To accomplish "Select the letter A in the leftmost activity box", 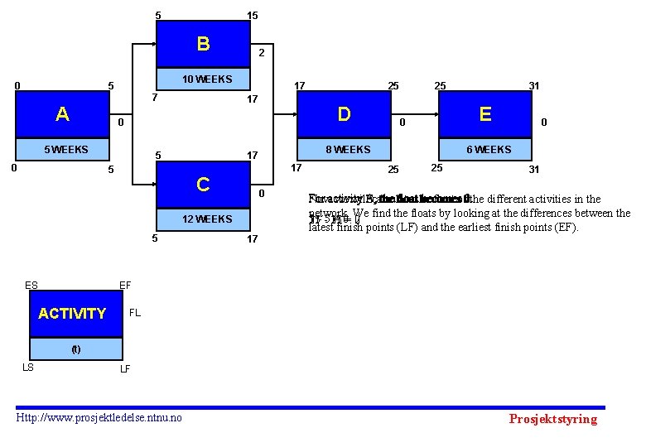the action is [62, 114].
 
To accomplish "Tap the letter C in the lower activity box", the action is [203, 184].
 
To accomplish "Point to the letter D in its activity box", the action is [344, 113].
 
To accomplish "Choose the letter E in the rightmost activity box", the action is [485, 113].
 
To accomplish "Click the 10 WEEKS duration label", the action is [207, 79].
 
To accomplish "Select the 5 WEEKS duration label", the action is [66, 150].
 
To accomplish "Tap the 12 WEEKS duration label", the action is [207, 219].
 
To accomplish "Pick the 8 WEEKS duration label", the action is [348, 150].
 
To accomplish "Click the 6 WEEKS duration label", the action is [489, 150].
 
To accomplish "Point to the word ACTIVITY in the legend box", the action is [72, 314].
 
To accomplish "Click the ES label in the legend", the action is [31, 286].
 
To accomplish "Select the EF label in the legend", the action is [125, 286].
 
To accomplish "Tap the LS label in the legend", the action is [27, 367].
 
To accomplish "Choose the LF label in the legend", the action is [125, 368].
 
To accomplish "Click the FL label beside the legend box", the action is [135, 314].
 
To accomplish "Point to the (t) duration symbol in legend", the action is [75, 348].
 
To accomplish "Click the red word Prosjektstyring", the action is [552, 419].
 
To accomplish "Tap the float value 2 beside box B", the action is [261, 53].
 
